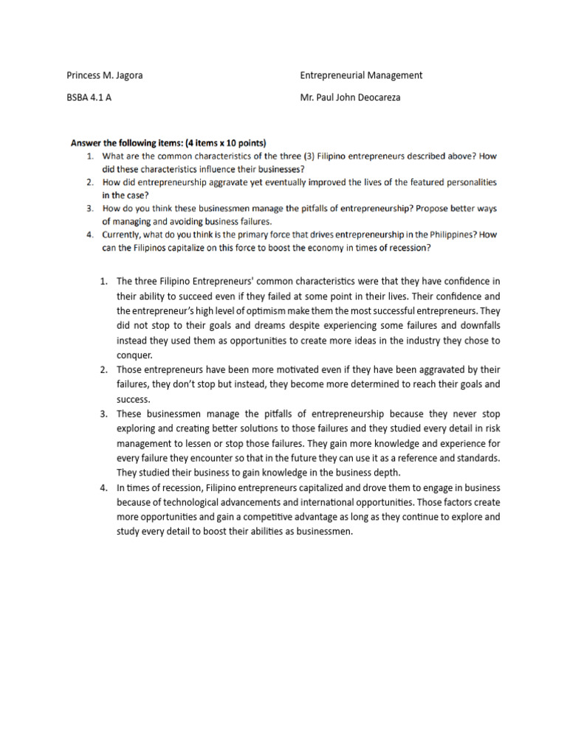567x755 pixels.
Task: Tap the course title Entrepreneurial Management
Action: pos(361,75)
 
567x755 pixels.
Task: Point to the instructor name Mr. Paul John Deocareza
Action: pos(350,97)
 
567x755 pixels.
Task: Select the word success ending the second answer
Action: pos(134,399)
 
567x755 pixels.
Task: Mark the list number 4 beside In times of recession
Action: pos(103,487)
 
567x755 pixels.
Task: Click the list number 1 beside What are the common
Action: pos(89,156)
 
